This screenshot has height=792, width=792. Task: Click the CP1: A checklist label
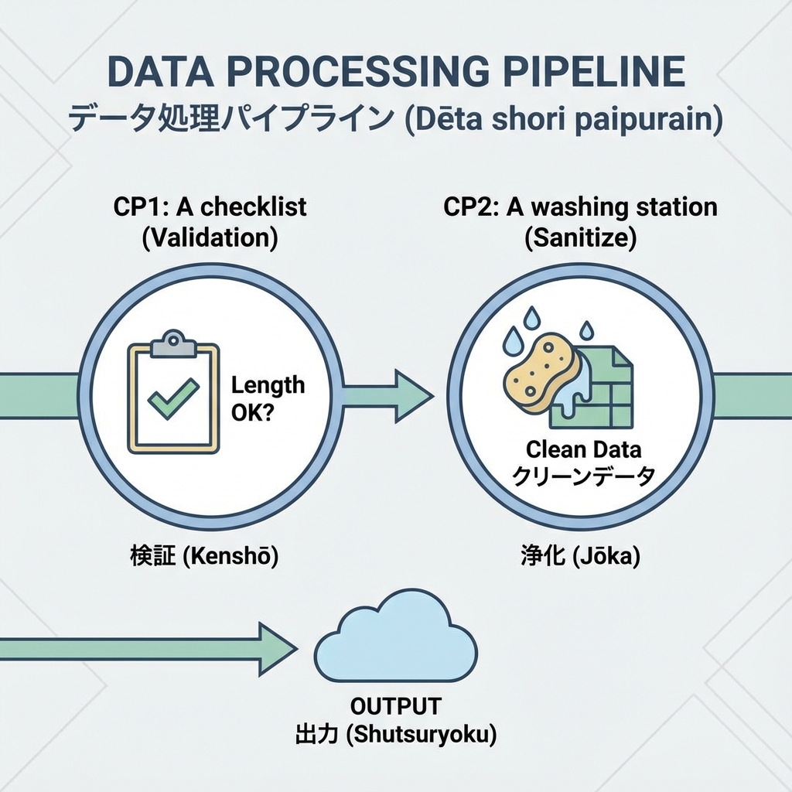coord(210,207)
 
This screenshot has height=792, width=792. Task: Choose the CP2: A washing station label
coord(580,207)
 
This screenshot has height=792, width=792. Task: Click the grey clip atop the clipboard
coord(173,345)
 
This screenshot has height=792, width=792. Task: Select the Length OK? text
coord(268,399)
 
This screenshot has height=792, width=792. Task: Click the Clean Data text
coord(583,449)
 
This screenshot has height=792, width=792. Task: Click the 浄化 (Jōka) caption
coord(580,556)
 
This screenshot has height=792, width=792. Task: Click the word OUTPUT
coord(395,706)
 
